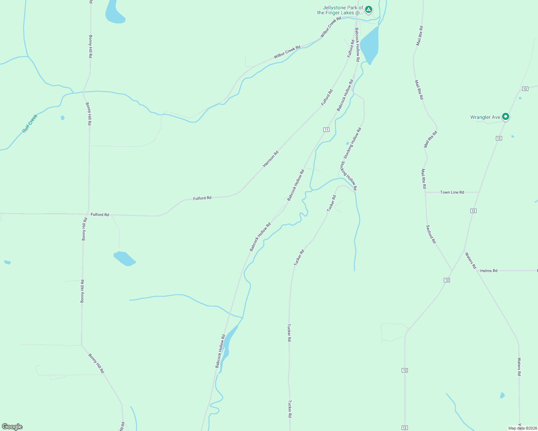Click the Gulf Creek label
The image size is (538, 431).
click(30, 123)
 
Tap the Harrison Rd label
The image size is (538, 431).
click(270, 159)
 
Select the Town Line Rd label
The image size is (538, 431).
click(452, 192)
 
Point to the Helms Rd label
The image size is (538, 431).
click(488, 270)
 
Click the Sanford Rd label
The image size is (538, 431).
click(431, 234)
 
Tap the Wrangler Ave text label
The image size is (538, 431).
click(485, 117)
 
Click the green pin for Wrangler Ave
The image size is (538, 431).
click(505, 116)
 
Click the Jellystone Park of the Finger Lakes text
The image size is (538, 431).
click(340, 10)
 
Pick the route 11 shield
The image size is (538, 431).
click(326, 130)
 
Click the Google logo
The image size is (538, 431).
click(12, 427)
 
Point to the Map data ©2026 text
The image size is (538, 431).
click(522, 428)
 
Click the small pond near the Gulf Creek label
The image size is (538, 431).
click(63, 117)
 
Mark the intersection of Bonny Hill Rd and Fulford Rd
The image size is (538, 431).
click(88, 214)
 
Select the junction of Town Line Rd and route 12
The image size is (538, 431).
click(479, 192)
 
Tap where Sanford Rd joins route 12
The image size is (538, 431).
click(452, 270)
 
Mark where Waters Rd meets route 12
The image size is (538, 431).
click(464, 250)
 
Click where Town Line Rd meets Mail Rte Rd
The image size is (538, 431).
click(425, 192)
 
